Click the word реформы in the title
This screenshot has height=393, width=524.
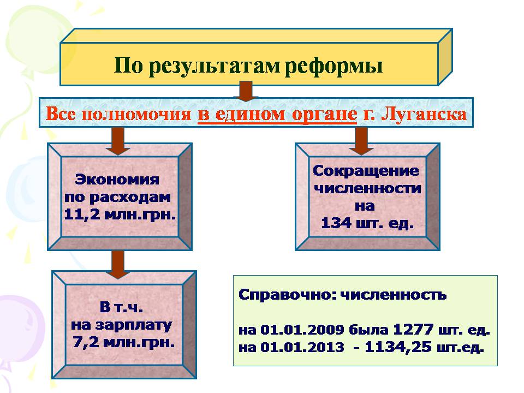pyautogui.click(x=334, y=65)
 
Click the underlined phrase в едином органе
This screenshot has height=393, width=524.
pyautogui.click(x=277, y=115)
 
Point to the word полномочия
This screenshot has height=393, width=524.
pyautogui.click(x=136, y=114)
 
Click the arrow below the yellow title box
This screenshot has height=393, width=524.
pyautogui.click(x=246, y=91)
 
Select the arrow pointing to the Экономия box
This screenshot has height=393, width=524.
pyautogui.click(x=117, y=141)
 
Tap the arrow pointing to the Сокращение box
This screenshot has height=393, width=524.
pyautogui.click(x=361, y=141)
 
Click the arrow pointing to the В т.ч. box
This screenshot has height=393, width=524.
pyautogui.click(x=118, y=264)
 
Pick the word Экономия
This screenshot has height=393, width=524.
pyautogui.click(x=117, y=180)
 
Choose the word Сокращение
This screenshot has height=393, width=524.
pyautogui.click(x=366, y=171)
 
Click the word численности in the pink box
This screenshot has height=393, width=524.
pyautogui.click(x=367, y=188)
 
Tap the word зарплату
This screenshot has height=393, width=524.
pyautogui.click(x=134, y=325)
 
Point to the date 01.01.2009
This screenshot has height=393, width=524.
pyautogui.click(x=302, y=330)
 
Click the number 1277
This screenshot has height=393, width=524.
pyautogui.click(x=413, y=330)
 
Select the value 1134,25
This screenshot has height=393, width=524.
pyautogui.click(x=398, y=347)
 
